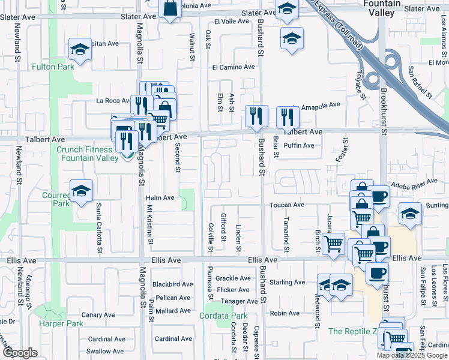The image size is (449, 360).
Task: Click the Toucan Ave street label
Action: pos(287,205)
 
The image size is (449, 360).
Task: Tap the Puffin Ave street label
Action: pos(299,145)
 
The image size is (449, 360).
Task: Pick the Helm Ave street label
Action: pos(160,197)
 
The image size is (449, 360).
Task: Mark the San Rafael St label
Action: pos(420,82)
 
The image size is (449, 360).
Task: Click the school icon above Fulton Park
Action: pos(79,50)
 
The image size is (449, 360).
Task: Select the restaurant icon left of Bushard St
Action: pos(256,115)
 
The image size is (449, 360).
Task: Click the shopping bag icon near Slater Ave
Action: pos(170,9)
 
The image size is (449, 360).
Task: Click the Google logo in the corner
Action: pos(20,353)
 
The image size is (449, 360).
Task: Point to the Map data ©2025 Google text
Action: pos(411,355)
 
